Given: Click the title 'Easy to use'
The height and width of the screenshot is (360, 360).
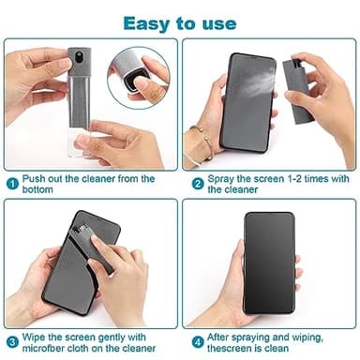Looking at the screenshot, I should click(180, 22).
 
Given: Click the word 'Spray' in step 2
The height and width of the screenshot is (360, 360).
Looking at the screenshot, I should click(223, 179).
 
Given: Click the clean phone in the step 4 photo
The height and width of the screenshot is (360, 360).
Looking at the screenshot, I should click(270, 265).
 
